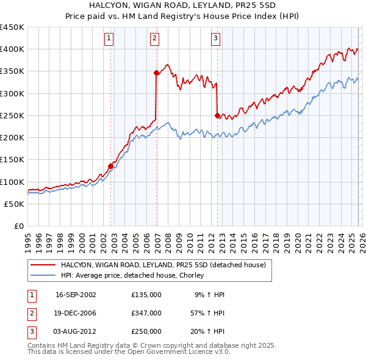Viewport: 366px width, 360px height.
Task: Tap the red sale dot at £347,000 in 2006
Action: pos(156,73)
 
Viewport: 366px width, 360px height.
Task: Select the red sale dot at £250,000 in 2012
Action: pos(217,115)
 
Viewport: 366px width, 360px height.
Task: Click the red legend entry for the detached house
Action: pos(163,265)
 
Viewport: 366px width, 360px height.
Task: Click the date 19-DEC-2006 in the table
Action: pos(76,313)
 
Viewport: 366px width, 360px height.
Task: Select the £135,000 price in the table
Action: pos(146,294)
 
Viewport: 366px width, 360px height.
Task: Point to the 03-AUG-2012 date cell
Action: pos(76,331)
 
